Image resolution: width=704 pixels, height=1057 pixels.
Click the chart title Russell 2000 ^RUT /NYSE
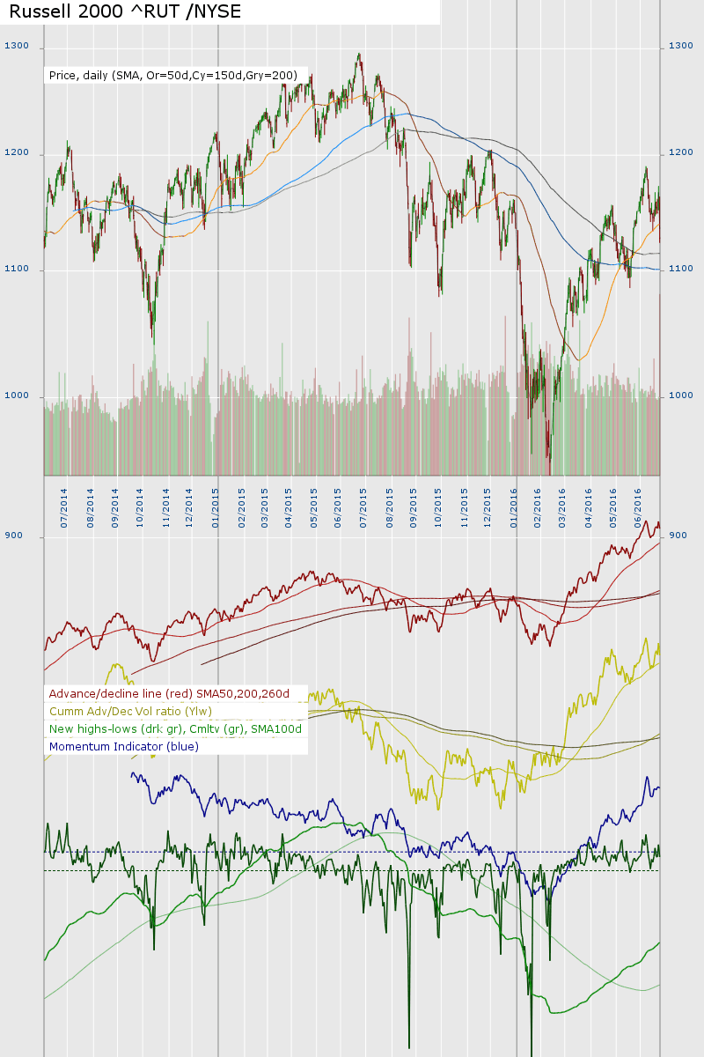click(125, 11)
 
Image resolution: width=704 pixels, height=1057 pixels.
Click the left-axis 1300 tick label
click(17, 46)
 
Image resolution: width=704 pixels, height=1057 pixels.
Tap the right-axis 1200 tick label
click(681, 153)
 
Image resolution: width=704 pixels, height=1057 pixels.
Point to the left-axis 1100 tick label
click(17, 269)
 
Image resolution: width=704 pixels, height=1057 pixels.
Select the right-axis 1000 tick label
click(681, 395)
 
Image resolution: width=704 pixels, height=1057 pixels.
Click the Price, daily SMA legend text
click(172, 76)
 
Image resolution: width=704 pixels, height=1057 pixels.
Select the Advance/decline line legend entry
click(169, 694)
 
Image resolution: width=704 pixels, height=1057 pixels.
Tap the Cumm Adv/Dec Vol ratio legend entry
click(130, 712)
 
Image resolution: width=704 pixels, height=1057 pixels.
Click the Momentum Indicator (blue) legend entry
click(124, 747)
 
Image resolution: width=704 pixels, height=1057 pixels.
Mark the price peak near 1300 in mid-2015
click(359, 54)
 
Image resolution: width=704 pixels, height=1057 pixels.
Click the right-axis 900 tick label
click(678, 536)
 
